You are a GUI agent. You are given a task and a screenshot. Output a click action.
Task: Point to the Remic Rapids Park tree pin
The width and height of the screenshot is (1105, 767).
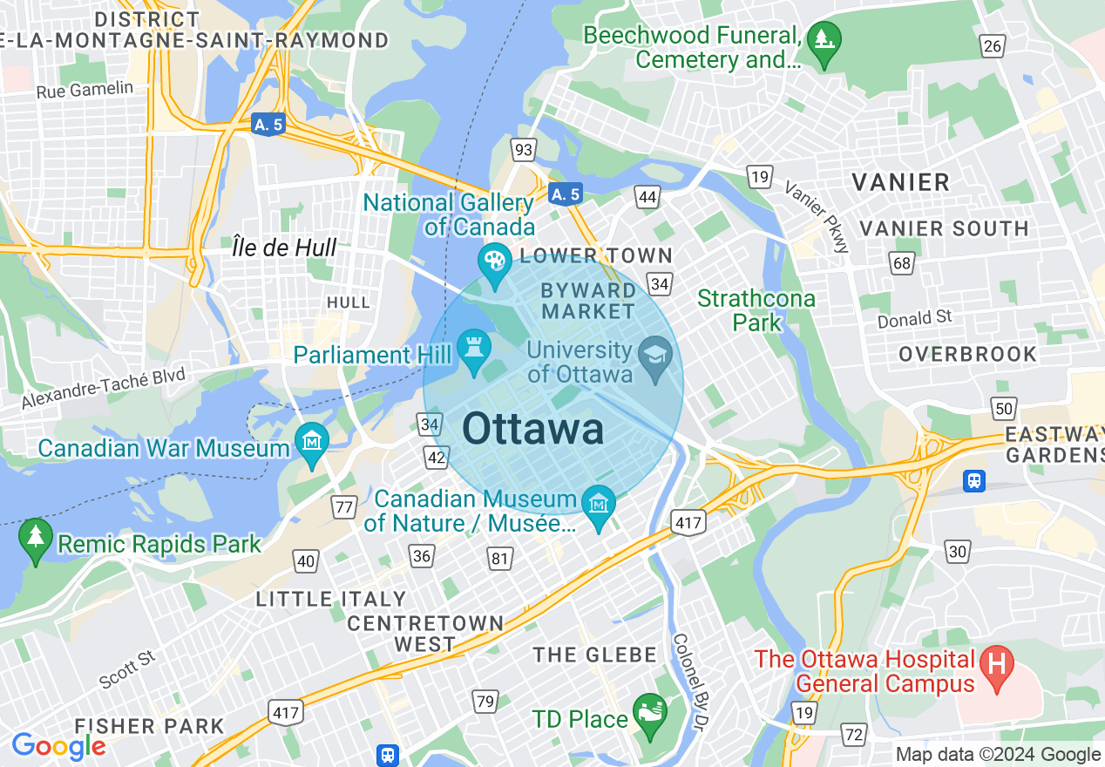click(36, 540)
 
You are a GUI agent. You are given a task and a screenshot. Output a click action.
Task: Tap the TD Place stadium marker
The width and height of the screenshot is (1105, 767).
click(649, 716)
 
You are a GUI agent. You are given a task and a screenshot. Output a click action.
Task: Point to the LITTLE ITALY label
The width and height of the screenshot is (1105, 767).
click(331, 600)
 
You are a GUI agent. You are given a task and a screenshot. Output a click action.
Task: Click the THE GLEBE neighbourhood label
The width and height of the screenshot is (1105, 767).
click(594, 655)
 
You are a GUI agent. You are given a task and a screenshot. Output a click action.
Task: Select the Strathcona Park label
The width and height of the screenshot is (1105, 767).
click(756, 310)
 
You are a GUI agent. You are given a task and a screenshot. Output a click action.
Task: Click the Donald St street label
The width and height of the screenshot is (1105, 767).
click(914, 320)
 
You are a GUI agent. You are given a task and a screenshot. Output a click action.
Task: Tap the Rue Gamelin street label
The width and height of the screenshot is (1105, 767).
click(85, 89)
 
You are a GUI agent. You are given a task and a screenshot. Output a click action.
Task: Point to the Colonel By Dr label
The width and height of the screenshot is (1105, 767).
click(693, 680)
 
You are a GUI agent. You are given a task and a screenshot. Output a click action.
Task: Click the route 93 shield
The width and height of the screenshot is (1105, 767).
click(523, 151)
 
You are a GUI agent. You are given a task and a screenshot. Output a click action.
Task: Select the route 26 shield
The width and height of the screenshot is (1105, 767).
click(992, 46)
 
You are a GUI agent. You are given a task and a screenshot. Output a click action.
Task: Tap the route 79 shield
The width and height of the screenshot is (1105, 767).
click(485, 700)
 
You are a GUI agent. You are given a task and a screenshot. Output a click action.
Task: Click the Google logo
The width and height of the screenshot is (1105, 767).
click(58, 747)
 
